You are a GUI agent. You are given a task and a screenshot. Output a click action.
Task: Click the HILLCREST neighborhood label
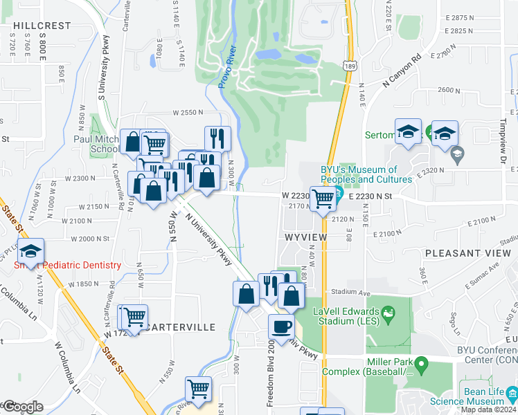[x=42, y=25]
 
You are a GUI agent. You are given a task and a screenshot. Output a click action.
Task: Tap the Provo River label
[x=227, y=67]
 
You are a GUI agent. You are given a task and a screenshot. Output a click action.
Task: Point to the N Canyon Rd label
[x=403, y=72]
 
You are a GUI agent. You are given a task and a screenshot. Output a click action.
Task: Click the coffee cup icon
[x=281, y=326]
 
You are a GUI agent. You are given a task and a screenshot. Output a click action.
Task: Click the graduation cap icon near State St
[x=31, y=251]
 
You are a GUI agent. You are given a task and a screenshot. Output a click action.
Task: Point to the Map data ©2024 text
[x=488, y=409]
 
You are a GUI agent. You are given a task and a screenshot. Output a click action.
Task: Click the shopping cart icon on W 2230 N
[x=323, y=199]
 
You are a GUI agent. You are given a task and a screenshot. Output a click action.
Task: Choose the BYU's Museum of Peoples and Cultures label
[x=367, y=174]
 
